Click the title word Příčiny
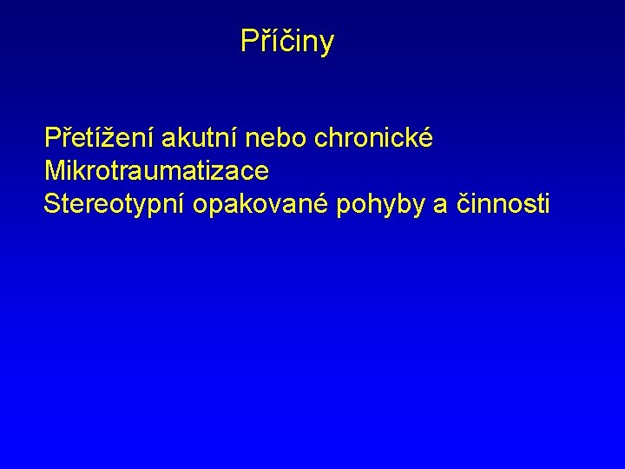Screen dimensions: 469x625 [286, 41]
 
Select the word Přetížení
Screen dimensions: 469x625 [98, 138]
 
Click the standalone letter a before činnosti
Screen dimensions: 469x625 [439, 206]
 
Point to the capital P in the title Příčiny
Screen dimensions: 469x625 [249, 41]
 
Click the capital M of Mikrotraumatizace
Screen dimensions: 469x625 [54, 171]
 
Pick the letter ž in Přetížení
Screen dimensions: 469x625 [112, 138]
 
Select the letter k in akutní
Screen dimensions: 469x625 [179, 138]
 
